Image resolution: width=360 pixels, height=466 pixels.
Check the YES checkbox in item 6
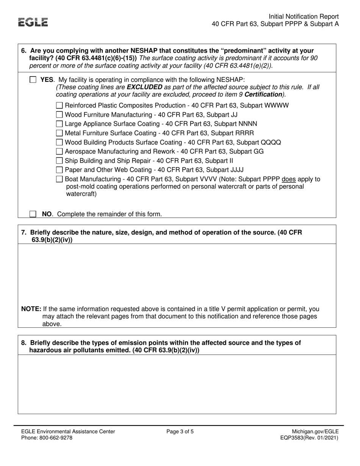33,80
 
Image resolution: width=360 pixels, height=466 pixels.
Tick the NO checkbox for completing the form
33,214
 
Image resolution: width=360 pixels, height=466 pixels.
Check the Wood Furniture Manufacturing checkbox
59,114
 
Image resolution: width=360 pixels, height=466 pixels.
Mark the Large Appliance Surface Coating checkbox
59,124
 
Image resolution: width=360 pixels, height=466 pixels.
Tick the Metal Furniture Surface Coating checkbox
59,133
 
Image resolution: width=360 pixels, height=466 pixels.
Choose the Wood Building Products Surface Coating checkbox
59,142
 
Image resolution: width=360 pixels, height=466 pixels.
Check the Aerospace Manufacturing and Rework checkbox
59,152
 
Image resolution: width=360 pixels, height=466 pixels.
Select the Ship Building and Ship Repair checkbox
59,161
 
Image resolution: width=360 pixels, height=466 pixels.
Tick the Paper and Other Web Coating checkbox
59,170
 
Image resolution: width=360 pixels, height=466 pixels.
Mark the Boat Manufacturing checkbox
59,179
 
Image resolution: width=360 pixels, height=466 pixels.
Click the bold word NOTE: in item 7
31,309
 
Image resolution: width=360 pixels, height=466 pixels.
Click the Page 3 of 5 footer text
180,432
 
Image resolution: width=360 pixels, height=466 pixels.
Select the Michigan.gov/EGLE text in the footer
315,432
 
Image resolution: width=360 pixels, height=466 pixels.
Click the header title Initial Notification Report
304,17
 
